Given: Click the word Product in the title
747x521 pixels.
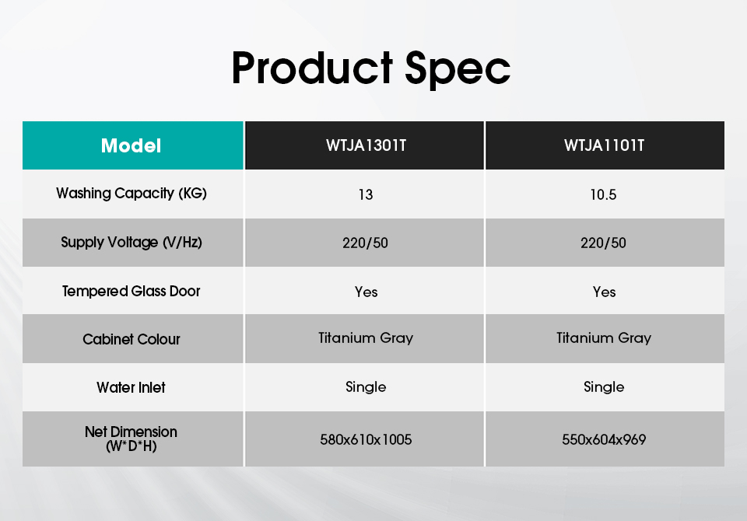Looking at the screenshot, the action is coord(312,68).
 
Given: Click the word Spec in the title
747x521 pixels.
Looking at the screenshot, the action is coord(458,71).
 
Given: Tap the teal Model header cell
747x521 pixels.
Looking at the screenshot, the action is coord(133,145).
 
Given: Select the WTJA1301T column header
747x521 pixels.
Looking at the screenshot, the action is coord(366,145).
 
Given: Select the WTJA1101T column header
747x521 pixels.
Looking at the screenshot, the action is coord(604,145).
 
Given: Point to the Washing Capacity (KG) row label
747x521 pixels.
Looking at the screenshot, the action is coord(132,194).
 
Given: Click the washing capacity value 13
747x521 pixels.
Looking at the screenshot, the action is coord(366,194).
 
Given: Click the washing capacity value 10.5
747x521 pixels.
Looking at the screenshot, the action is coord(604,194).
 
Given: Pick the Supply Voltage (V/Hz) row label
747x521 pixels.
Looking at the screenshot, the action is coord(132,243).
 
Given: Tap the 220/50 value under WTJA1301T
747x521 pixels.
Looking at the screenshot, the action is coord(366,243).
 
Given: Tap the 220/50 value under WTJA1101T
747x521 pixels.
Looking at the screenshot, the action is coord(604,243).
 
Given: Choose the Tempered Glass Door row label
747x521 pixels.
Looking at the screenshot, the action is coord(132,291).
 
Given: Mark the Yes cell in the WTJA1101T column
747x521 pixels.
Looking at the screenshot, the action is coord(604,292).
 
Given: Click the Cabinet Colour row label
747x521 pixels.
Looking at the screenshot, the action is coord(132,339).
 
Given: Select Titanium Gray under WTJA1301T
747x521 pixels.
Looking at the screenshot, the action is coord(366,338).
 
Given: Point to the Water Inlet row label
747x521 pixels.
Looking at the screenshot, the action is coord(131,388).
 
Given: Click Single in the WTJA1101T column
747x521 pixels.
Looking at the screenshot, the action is coord(604,386).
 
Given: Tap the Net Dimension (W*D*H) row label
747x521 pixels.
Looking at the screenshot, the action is coord(131,439).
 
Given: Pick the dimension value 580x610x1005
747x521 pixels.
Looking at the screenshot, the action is coord(366,439).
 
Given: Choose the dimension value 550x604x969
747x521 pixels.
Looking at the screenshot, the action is coord(604,439).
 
